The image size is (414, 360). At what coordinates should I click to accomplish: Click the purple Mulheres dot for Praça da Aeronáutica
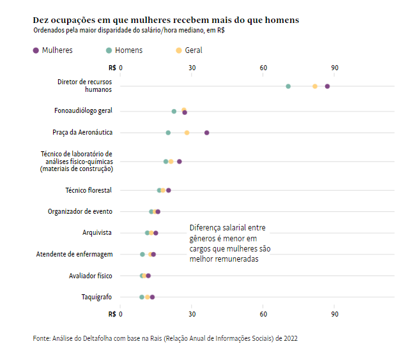click(207, 133)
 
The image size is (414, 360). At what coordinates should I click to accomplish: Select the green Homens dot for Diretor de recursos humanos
click(288, 86)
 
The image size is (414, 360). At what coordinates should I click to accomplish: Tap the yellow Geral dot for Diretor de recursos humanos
click(315, 86)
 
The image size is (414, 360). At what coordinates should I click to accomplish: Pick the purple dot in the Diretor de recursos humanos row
click(327, 86)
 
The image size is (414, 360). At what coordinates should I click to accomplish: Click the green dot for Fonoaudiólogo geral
click(174, 111)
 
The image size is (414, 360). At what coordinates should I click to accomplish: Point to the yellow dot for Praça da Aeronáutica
click(187, 133)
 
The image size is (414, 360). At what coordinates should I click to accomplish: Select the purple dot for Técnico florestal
click(169, 190)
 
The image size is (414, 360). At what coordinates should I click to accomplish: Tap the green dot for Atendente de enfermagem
click(142, 254)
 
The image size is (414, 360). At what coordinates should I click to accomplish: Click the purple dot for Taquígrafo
click(153, 297)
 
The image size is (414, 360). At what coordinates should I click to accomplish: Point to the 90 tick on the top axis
click(335, 68)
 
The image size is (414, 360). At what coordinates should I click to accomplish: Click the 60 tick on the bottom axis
click(263, 314)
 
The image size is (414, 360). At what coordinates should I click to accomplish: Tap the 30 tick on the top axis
click(192, 68)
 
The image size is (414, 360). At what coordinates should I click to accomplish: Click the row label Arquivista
click(97, 232)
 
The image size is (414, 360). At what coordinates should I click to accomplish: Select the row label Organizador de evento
click(80, 211)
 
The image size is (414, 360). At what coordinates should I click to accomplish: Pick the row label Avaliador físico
click(90, 276)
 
